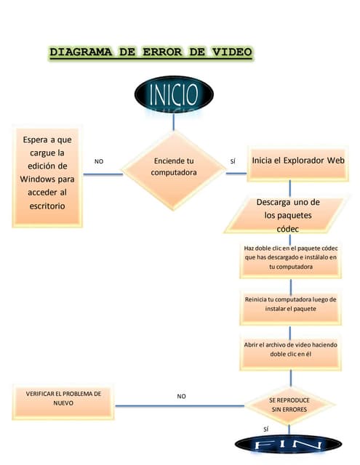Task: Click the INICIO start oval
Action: (174, 94)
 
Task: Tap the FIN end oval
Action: (289, 444)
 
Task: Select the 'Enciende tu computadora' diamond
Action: (174, 171)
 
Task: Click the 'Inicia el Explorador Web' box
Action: (298, 163)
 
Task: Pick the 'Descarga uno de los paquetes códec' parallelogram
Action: (285, 215)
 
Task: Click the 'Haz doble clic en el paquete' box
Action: (291, 260)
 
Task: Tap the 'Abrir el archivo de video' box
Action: (291, 353)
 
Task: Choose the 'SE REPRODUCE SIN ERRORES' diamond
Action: (289, 405)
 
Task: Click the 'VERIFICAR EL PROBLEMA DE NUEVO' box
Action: (63, 402)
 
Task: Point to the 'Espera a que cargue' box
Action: (47, 177)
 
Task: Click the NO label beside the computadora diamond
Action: (99, 161)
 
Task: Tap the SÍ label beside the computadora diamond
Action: (233, 161)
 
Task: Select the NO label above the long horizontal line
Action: (181, 396)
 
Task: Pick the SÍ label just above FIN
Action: (266, 429)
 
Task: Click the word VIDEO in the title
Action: (232, 52)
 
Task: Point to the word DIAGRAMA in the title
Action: (81, 52)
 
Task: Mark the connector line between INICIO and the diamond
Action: (174, 121)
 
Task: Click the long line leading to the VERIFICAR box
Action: (180, 405)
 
